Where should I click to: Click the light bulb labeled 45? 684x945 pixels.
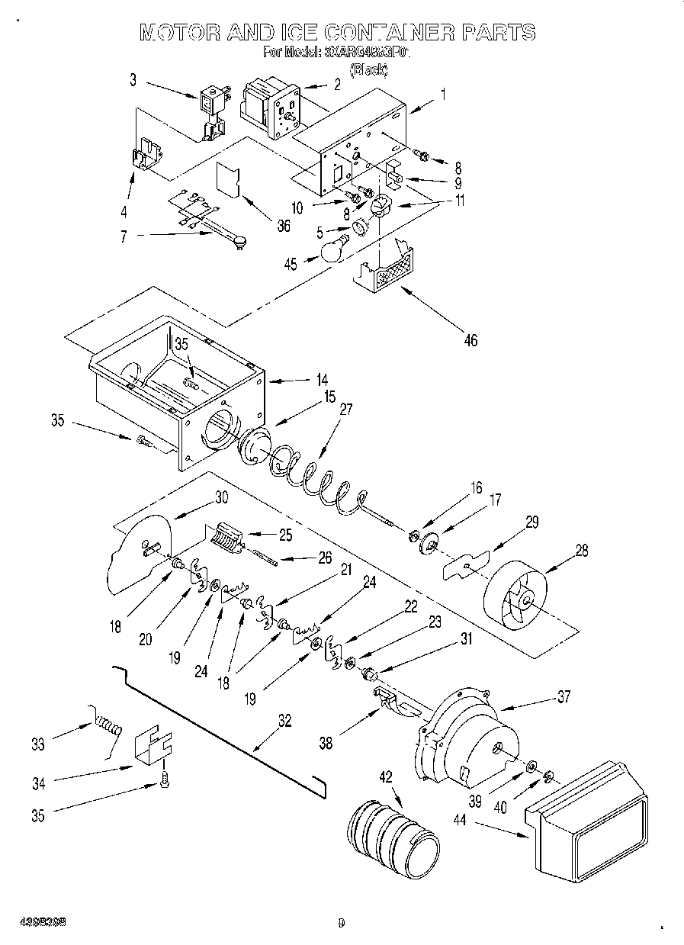pyautogui.click(x=333, y=249)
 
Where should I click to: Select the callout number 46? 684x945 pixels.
pyautogui.click(x=470, y=340)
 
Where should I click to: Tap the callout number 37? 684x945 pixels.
pyautogui.click(x=563, y=696)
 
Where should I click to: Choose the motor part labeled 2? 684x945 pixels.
pyautogui.click(x=268, y=107)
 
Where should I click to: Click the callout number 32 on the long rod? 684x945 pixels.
pyautogui.click(x=284, y=721)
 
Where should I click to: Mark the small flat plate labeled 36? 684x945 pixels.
pyautogui.click(x=228, y=179)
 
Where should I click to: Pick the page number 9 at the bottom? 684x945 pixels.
pyautogui.click(x=342, y=922)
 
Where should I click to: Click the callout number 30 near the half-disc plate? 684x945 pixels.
pyautogui.click(x=221, y=497)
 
